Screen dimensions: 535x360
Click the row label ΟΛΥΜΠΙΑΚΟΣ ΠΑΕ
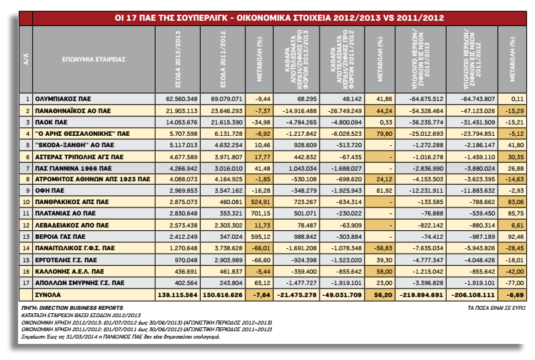click(x=63, y=99)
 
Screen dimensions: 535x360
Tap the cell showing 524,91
click(x=260, y=202)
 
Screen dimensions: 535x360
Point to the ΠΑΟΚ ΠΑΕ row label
click(x=51, y=122)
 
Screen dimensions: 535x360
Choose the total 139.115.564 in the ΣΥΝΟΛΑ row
click(x=177, y=295)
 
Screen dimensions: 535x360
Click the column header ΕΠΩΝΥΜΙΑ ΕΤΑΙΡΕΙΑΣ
click(x=94, y=59)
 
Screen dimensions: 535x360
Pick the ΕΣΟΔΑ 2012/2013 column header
click(x=178, y=59)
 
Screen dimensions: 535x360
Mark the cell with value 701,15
click(x=260, y=213)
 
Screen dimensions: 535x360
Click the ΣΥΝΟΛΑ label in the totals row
click(x=47, y=295)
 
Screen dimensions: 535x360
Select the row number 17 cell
click(x=26, y=283)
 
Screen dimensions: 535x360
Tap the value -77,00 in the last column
click(x=515, y=283)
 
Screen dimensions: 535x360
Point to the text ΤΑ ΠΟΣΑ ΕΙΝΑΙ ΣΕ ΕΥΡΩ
click(x=496, y=308)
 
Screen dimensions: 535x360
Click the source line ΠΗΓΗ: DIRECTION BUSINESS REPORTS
click(x=72, y=308)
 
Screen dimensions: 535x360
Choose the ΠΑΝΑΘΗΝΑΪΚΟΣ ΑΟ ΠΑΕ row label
click(x=73, y=110)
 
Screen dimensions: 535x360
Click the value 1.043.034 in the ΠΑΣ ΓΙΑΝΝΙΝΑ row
click(x=303, y=169)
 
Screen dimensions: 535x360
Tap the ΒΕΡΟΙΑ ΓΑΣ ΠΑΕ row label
click(x=60, y=237)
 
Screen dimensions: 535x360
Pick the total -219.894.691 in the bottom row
click(x=421, y=295)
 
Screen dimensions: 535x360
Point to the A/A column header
click(x=26, y=59)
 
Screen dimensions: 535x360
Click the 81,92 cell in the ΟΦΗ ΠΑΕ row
click(x=384, y=191)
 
